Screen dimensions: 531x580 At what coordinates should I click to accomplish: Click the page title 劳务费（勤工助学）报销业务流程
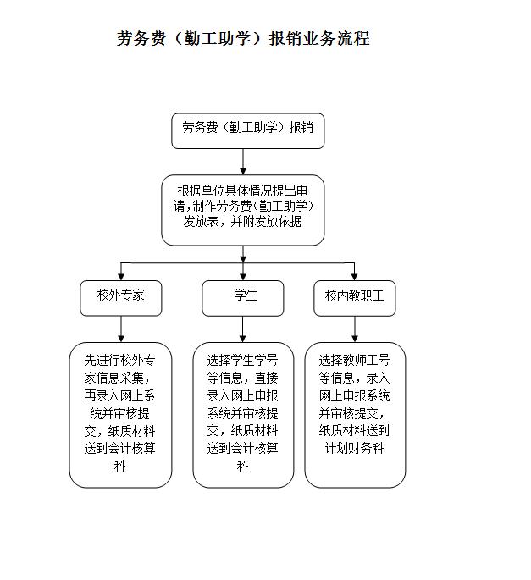(243, 38)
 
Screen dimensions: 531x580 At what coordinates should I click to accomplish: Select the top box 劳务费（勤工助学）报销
(248, 131)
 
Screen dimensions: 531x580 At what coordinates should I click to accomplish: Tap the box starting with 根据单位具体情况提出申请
(243, 210)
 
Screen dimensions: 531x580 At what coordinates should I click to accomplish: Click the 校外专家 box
(121, 298)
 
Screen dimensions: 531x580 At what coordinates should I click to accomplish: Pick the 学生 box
(243, 298)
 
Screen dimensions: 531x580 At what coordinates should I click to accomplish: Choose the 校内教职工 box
(355, 298)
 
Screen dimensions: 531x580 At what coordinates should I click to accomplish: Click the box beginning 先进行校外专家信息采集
(120, 415)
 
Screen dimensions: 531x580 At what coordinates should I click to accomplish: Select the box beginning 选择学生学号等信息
(243, 415)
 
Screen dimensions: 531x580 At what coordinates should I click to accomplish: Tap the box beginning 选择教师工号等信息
(355, 415)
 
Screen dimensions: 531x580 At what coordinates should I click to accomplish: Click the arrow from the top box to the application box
(243, 162)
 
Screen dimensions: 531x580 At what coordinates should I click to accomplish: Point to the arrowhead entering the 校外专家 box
(121, 277)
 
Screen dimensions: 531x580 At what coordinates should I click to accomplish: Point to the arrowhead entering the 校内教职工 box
(355, 277)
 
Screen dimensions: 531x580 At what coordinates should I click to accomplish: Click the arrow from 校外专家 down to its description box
(121, 329)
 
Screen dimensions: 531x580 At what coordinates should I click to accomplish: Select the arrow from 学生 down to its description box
(243, 329)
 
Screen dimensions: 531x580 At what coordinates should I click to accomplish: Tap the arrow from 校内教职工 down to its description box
(355, 329)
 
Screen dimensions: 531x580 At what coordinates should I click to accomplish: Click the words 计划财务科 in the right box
(355, 448)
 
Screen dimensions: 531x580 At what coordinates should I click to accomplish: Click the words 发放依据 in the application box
(278, 222)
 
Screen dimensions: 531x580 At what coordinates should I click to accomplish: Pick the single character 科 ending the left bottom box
(119, 466)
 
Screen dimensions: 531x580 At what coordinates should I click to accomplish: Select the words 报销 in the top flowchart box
(301, 127)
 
